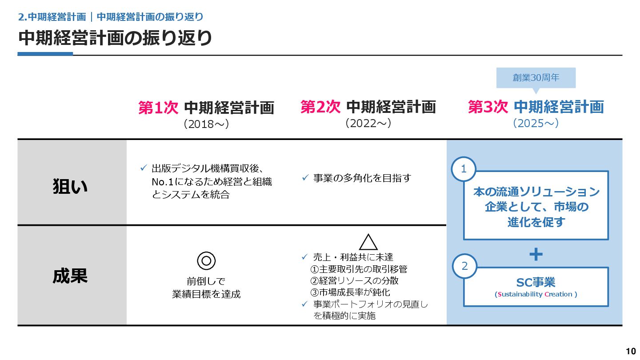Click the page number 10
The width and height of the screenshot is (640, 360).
tap(631, 352)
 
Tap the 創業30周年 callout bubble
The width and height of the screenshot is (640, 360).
tap(536, 78)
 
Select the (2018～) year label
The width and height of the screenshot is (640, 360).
tap(206, 124)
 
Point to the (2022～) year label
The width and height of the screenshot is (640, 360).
tap(368, 123)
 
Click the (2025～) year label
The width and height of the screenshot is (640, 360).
tap(536, 123)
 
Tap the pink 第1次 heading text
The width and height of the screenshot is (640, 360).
tap(158, 108)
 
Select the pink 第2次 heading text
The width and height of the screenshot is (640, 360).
tap(320, 107)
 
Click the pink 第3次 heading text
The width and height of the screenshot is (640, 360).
tap(488, 107)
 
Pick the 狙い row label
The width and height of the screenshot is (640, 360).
tap(70, 187)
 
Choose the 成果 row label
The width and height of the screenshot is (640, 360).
tap(70, 276)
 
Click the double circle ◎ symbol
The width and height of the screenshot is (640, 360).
tap(206, 260)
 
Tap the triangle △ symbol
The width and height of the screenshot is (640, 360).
tap(368, 242)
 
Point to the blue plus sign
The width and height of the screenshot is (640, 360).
tap(536, 254)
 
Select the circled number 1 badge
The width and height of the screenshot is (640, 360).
tap(464, 169)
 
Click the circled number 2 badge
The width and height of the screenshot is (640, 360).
tap(464, 266)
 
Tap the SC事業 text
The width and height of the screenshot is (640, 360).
tap(536, 282)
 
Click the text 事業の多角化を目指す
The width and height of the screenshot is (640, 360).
tap(362, 178)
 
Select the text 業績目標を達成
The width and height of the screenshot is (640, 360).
tap(206, 294)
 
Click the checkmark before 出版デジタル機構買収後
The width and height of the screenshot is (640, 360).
tap(144, 168)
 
